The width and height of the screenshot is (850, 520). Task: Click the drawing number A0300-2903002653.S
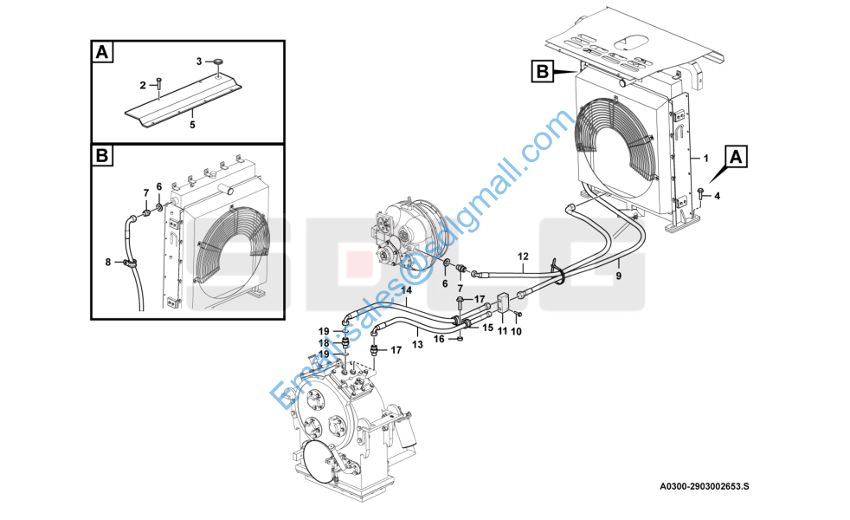point(705,486)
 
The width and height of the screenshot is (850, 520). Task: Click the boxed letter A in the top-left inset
point(102,53)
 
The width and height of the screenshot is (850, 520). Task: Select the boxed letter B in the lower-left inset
point(102,156)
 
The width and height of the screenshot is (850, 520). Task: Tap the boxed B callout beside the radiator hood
point(543,72)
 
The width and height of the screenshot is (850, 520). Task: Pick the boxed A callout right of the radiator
point(736,157)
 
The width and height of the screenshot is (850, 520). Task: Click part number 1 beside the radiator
point(705,159)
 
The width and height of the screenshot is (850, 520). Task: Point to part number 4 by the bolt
point(718,196)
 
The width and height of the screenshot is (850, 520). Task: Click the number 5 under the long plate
point(192,125)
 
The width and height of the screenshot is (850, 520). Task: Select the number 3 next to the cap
point(199,62)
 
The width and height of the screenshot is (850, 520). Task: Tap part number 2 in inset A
point(143,85)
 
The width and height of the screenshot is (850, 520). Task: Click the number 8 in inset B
point(108,263)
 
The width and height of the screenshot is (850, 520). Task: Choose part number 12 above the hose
point(523,257)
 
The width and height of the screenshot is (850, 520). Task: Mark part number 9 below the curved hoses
point(619,276)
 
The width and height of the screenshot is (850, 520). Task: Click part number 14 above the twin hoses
point(407,290)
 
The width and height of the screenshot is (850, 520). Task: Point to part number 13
point(417,344)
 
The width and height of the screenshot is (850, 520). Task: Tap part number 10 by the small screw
point(516,331)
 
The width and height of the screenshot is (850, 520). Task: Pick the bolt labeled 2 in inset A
point(158,83)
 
